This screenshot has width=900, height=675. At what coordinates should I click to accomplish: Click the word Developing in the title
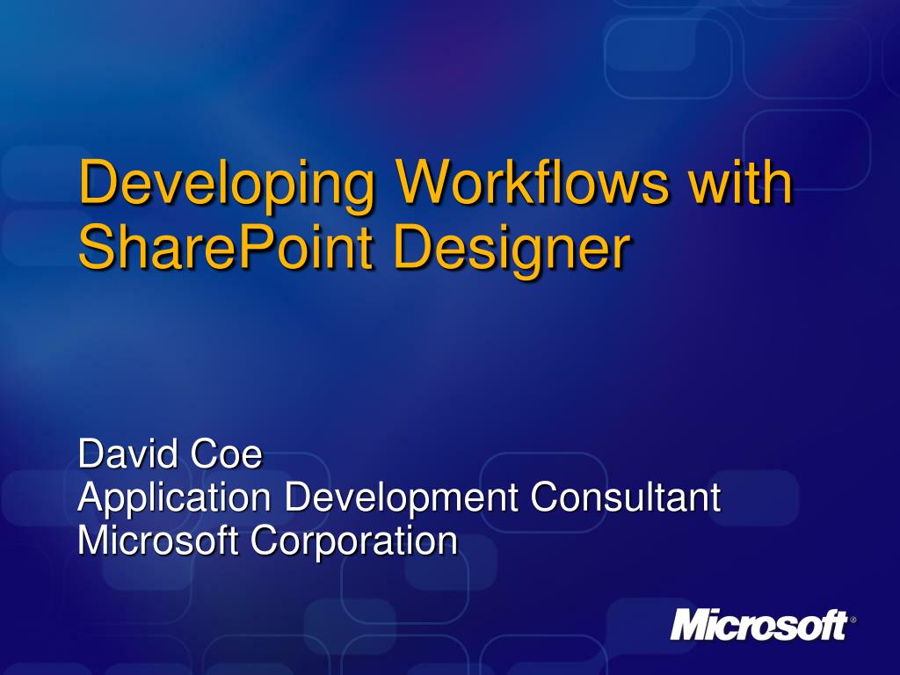[227, 185]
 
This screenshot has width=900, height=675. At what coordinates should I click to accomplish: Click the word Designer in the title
[512, 250]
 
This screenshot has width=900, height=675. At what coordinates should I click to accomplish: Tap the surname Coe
[226, 454]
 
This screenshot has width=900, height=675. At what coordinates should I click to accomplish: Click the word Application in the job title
[174, 499]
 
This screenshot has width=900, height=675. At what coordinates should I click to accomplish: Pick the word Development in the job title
[401, 499]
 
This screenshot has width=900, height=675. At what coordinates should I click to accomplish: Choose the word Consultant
[625, 497]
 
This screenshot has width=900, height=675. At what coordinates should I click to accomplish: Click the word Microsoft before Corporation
[158, 541]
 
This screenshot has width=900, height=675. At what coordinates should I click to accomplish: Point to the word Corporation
[354, 542]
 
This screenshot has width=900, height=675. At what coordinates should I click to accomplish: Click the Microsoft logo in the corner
[758, 625]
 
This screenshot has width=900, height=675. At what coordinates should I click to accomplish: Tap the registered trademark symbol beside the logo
[853, 620]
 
